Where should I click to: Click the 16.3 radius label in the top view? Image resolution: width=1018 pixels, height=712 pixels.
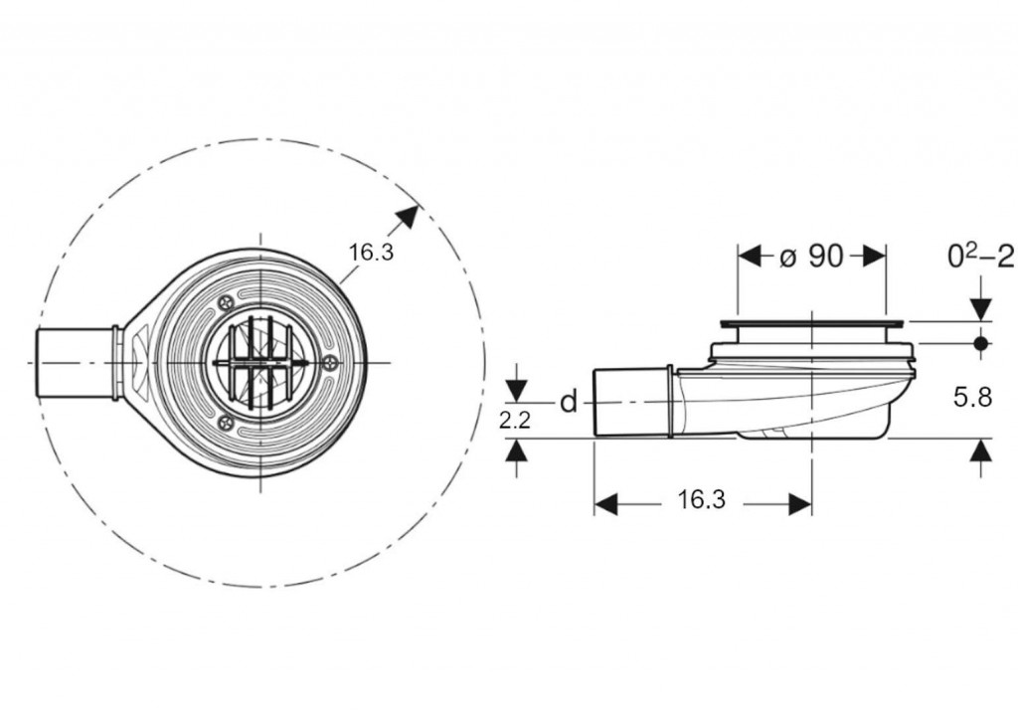coord(372,252)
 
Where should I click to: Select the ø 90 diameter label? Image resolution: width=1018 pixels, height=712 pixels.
coord(811,258)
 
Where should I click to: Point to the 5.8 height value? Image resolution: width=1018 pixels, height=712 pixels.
coord(972,397)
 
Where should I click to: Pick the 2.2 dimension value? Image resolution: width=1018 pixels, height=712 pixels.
coord(515,421)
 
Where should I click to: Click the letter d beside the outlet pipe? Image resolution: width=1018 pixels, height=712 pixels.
coord(569,403)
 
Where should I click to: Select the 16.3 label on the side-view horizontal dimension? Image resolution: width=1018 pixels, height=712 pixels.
coord(702,499)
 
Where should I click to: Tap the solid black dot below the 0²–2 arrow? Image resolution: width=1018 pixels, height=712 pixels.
coord(981,342)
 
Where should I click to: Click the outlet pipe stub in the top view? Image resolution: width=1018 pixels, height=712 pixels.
coord(74,362)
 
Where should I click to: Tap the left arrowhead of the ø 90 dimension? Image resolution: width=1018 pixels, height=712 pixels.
coord(750,258)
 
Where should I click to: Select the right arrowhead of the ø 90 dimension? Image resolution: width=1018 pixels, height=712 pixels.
coord(874,258)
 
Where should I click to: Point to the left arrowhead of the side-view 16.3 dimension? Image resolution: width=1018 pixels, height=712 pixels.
coord(605,503)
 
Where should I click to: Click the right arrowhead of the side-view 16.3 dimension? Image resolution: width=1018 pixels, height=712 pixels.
coord(800,503)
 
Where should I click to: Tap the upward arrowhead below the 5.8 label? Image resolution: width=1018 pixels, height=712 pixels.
coord(981,449)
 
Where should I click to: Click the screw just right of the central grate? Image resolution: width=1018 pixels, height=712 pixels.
coord(332,364)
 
